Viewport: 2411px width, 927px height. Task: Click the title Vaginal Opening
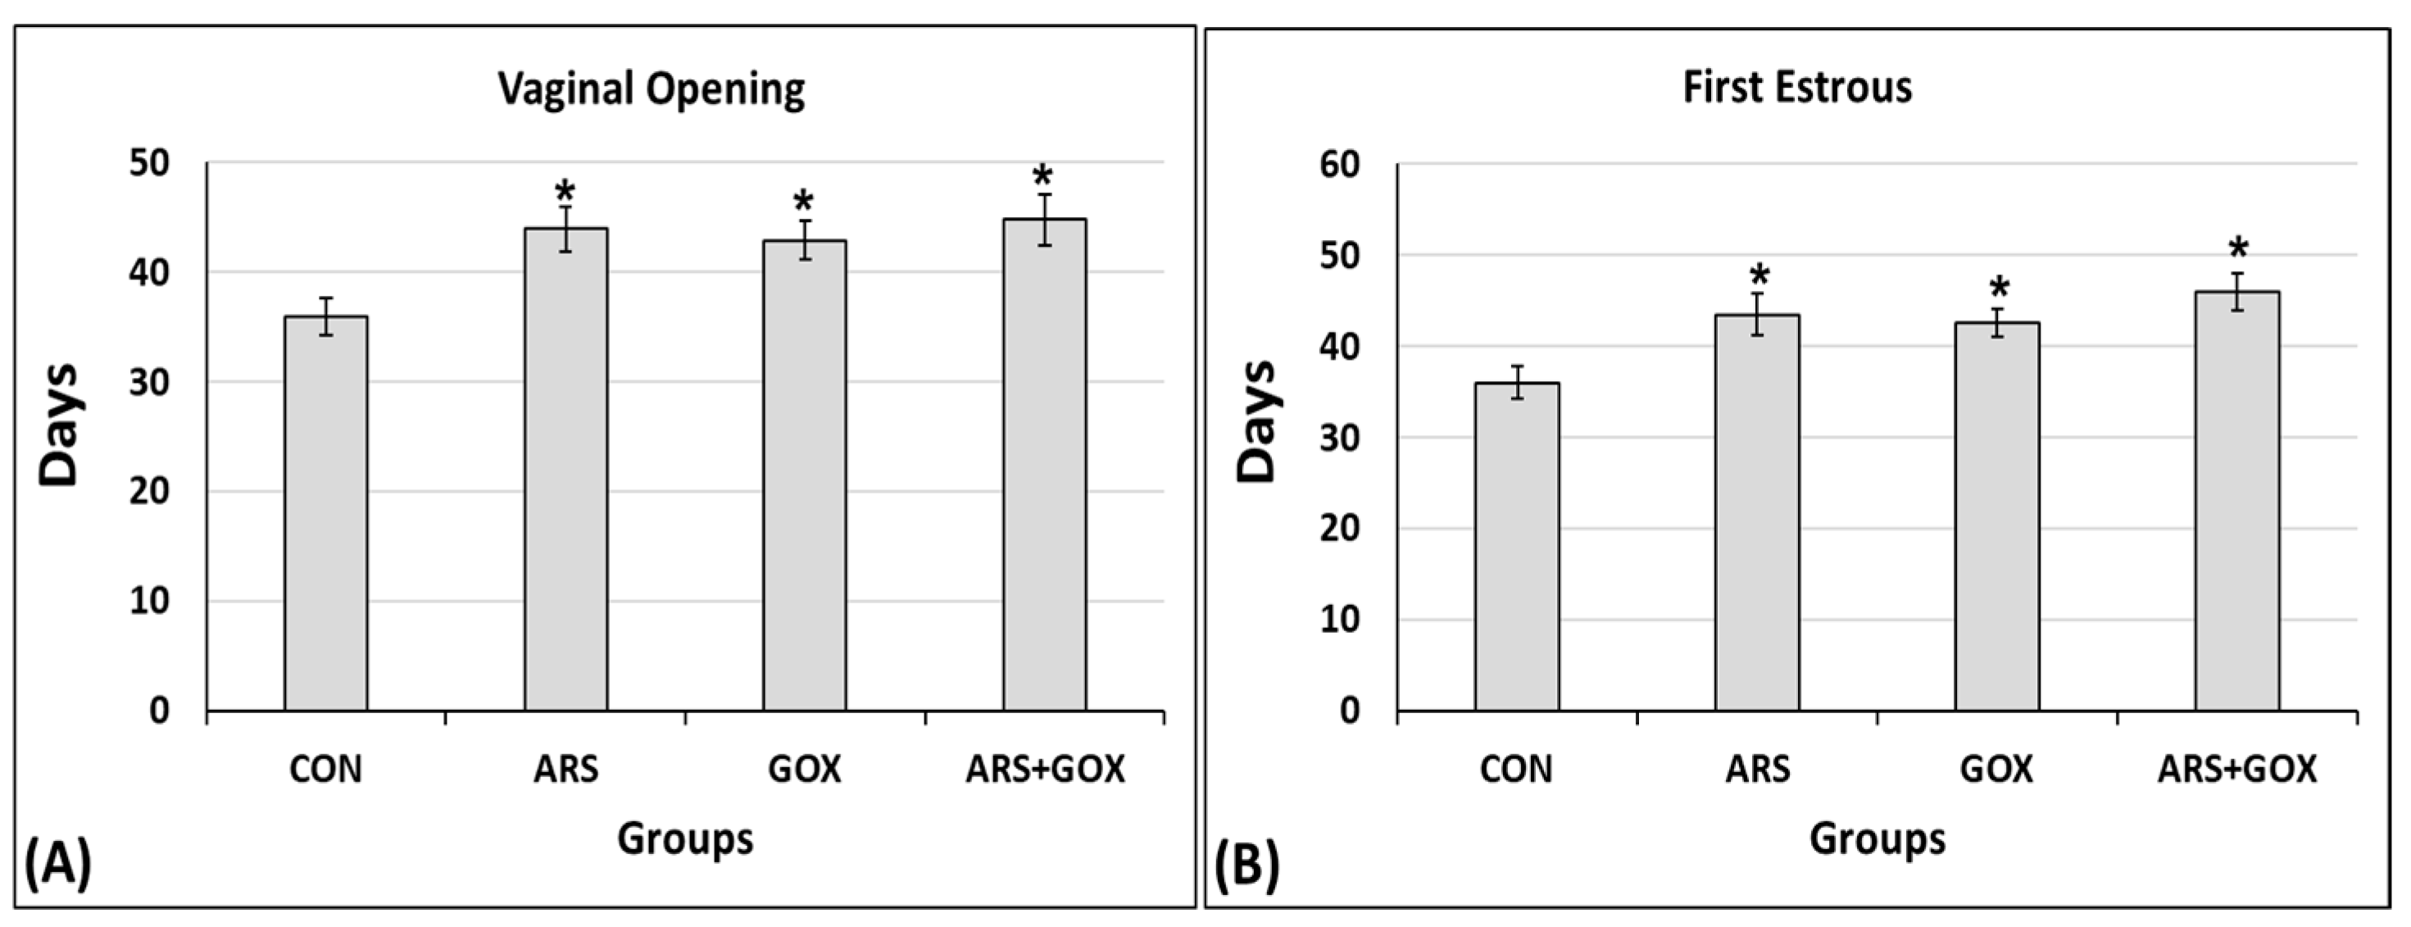651,89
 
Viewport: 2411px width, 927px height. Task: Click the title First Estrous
1797,88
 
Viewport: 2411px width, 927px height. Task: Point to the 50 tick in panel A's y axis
150,164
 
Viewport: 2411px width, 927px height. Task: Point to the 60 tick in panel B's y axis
1339,165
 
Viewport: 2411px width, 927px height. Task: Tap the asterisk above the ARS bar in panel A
565,193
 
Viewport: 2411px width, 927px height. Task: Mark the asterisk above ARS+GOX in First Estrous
2238,249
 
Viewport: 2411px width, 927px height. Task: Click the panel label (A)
58,864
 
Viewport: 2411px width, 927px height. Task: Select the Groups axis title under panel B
1877,838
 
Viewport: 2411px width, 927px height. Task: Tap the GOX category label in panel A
804,770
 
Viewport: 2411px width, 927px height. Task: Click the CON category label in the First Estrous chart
1515,770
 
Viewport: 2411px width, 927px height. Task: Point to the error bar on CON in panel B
1517,382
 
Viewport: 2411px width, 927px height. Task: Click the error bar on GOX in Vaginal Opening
805,239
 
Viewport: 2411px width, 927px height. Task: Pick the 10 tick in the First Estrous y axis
1339,620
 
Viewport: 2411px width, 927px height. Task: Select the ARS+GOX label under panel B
2237,770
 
